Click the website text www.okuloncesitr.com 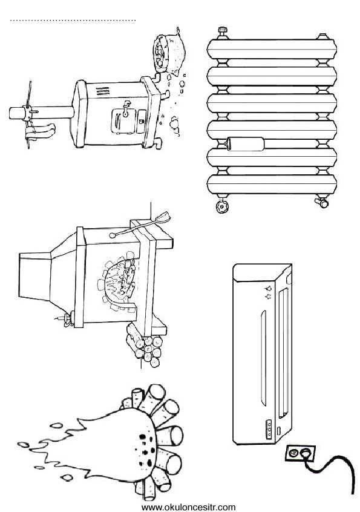tap(188, 507)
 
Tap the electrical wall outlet tap(300, 453)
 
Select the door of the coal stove tap(123, 120)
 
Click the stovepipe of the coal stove tap(41, 113)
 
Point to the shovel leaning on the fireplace tap(140, 225)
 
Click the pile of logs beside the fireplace tap(145, 346)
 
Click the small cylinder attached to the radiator tap(245, 143)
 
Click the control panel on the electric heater tap(269, 428)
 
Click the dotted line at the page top tap(73, 21)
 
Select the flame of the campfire tap(88, 447)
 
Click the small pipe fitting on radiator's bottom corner tap(321, 202)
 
